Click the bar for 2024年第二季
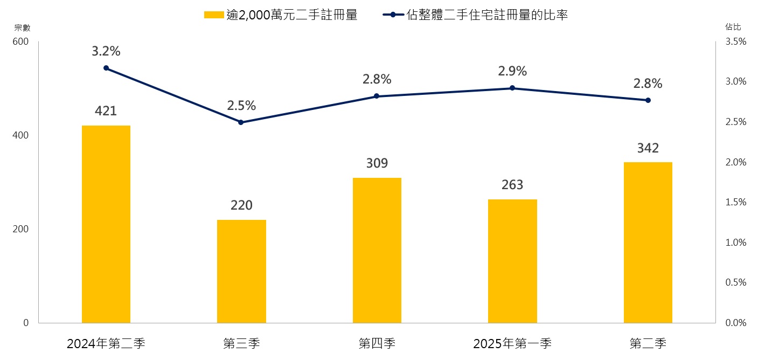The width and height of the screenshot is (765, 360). pyautogui.click(x=106, y=224)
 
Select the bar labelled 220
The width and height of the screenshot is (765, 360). pyautogui.click(x=241, y=271)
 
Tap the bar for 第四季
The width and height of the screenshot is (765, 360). pyautogui.click(x=377, y=250)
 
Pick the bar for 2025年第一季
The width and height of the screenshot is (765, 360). pyautogui.click(x=512, y=261)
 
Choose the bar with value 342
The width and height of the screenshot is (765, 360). pyautogui.click(x=648, y=243)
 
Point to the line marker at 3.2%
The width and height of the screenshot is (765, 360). pyautogui.click(x=106, y=68)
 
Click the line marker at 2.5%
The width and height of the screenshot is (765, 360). pyautogui.click(x=241, y=122)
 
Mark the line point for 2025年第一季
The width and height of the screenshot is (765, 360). pyautogui.click(x=512, y=88)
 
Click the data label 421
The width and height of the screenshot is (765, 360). pyautogui.click(x=106, y=112)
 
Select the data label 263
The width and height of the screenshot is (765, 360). pyautogui.click(x=512, y=185)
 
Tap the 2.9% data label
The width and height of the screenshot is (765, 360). pyautogui.click(x=512, y=71)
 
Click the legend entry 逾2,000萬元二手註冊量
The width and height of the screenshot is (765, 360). pyautogui.click(x=280, y=15)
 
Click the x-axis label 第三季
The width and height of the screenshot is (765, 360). pyautogui.click(x=241, y=343)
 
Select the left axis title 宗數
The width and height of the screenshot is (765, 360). pyautogui.click(x=22, y=27)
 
